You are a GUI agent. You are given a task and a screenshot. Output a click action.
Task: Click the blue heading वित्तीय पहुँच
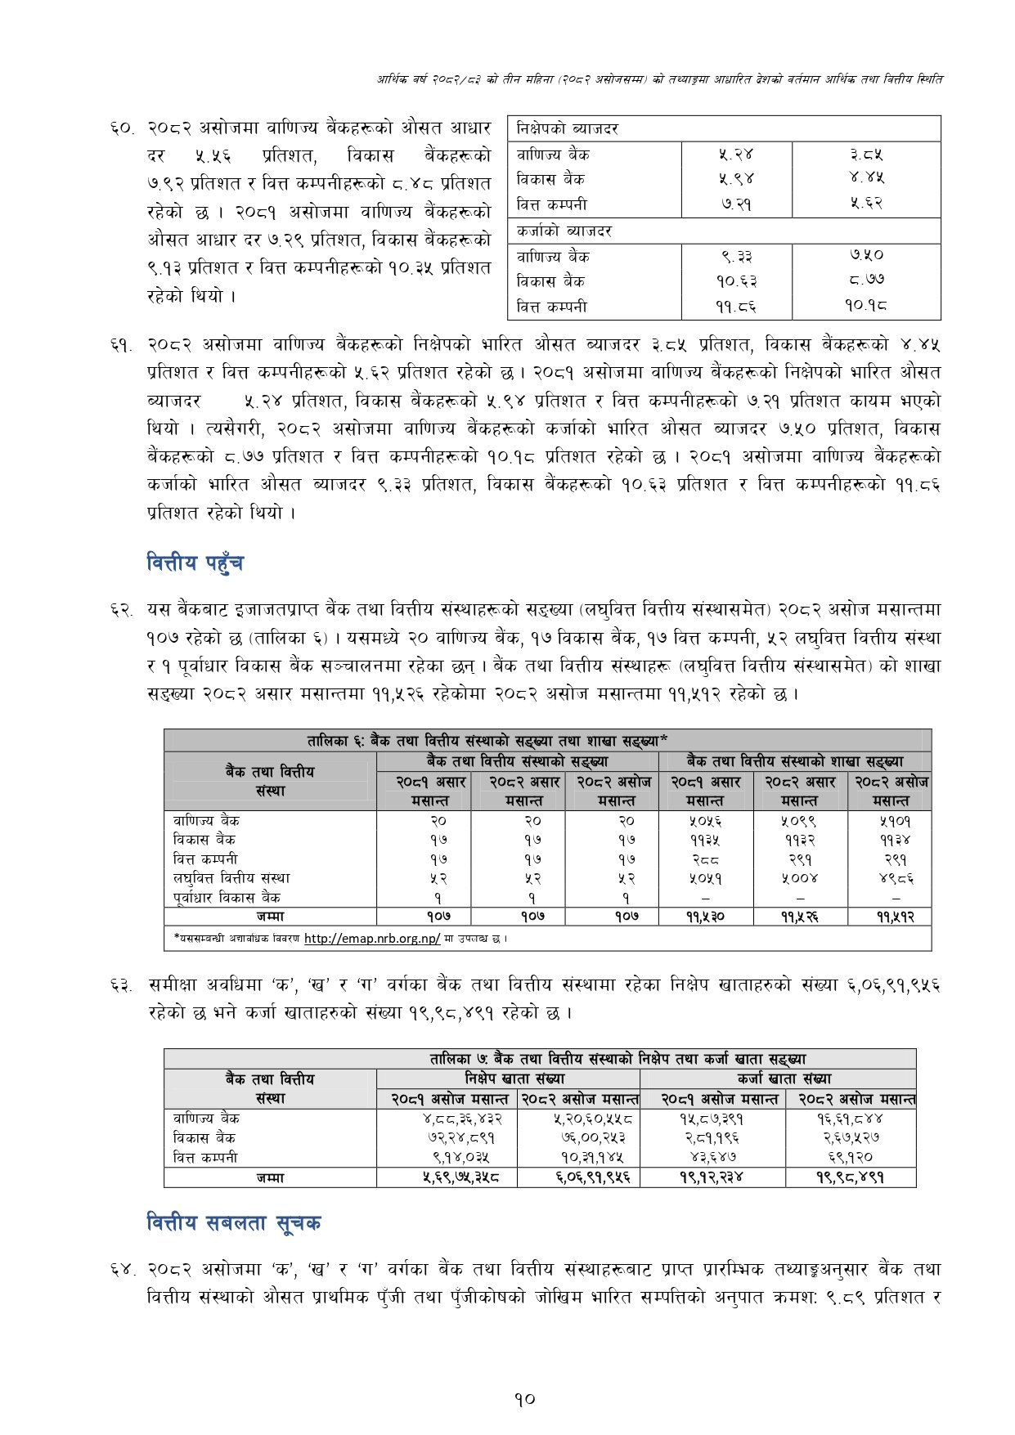click(195, 563)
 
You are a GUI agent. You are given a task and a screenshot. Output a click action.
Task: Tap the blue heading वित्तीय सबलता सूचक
click(233, 1223)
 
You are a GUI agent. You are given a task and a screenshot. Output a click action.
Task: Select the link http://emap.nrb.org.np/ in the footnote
click(371, 939)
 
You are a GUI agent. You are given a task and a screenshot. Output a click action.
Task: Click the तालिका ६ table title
click(487, 742)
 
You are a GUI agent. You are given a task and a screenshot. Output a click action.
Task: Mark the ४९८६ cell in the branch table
click(891, 879)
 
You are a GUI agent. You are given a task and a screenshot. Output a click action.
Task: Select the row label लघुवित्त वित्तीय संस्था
click(231, 878)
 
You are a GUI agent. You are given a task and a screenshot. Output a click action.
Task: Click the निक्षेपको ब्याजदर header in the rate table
click(567, 129)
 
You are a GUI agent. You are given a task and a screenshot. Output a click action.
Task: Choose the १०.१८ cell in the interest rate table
click(866, 307)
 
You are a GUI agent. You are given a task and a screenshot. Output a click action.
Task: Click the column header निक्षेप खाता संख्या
click(514, 1079)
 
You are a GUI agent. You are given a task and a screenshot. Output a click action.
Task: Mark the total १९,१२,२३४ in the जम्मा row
click(712, 1178)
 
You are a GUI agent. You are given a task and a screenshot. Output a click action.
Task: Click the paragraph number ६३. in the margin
click(123, 986)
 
